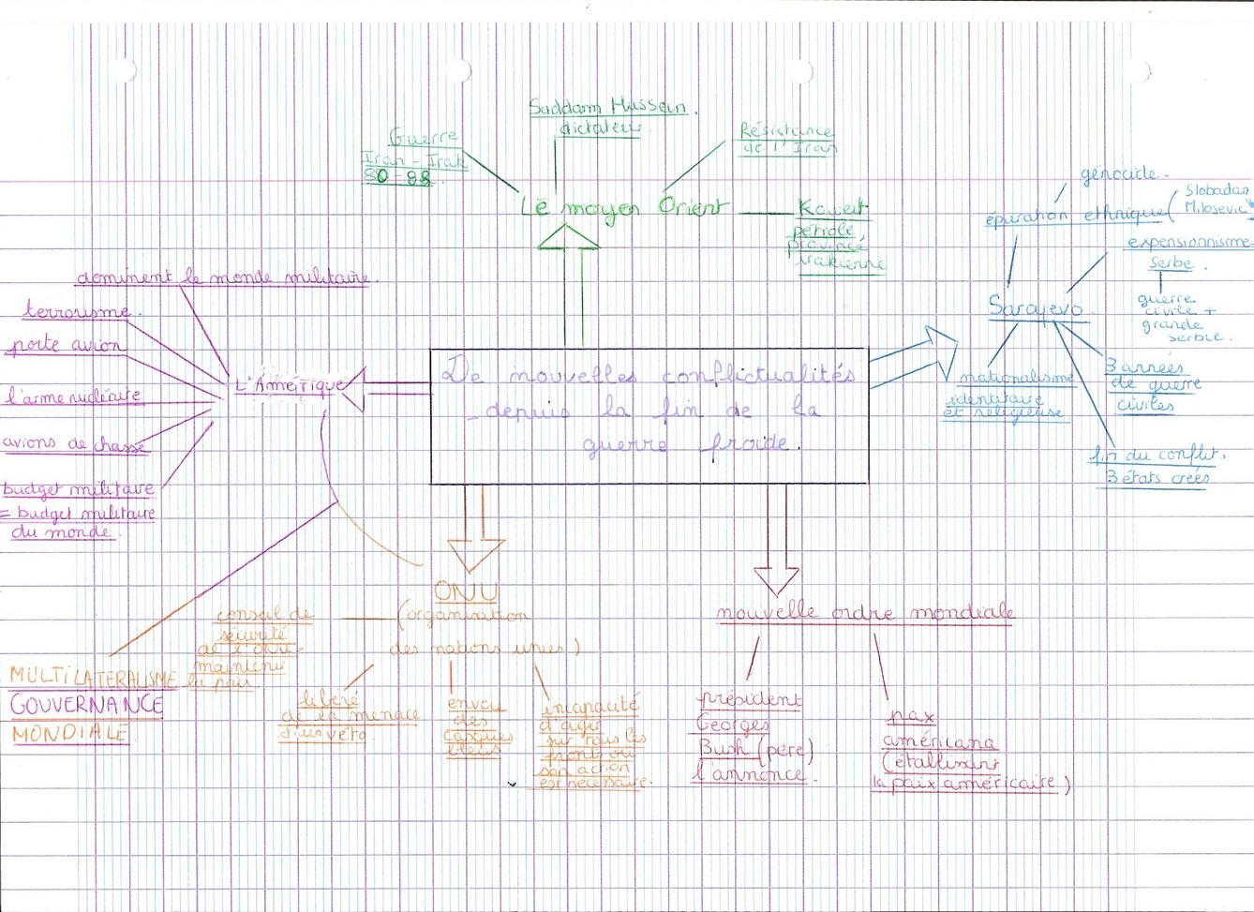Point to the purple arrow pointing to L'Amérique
pos(375,384)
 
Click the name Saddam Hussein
pos(607,108)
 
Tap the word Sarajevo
pos(1036,307)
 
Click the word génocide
pos(1119,175)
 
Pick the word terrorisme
pos(77,311)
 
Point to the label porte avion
pos(66,346)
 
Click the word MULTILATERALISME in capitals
pos(93,676)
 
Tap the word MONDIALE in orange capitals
pos(70,734)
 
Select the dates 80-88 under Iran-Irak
pos(398,177)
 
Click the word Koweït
pos(832,208)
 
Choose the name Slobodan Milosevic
pos(1217,200)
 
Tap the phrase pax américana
pos(939,730)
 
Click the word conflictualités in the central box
pos(757,376)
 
